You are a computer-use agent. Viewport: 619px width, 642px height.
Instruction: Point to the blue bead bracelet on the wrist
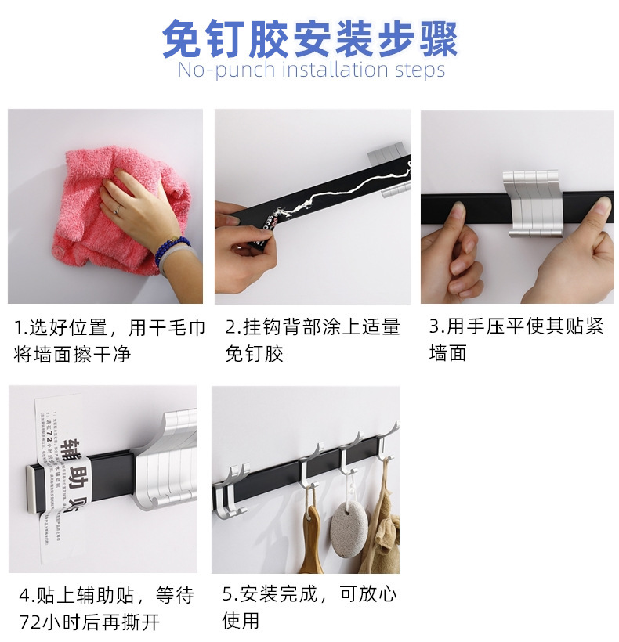pyautogui.click(x=172, y=250)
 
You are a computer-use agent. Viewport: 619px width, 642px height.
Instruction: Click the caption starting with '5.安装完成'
pyautogui.click(x=309, y=607)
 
